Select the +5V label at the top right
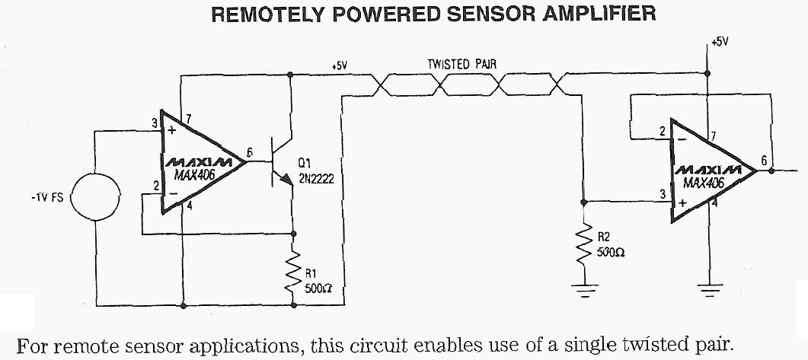(719, 43)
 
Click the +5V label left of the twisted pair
(339, 66)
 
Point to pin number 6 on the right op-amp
(763, 161)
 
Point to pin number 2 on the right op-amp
(663, 131)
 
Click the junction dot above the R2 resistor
(584, 202)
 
